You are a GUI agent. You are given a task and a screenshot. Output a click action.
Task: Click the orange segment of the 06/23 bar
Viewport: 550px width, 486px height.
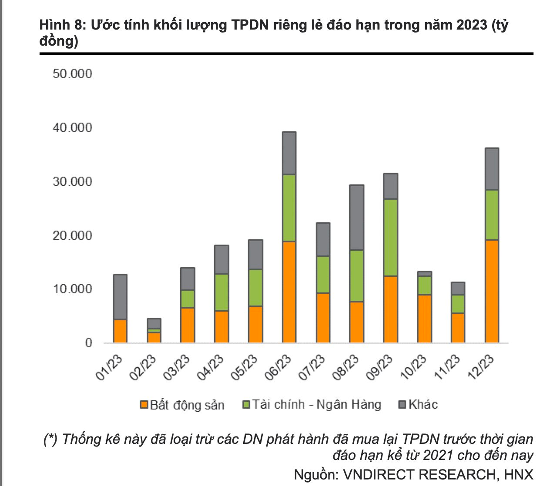click(x=289, y=292)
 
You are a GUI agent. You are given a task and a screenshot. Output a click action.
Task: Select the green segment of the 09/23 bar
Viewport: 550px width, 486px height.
click(x=390, y=237)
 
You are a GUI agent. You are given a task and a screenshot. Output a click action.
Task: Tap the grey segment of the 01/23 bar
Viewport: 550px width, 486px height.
click(x=120, y=297)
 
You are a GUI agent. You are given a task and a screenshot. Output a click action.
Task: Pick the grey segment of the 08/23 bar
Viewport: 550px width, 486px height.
click(x=356, y=217)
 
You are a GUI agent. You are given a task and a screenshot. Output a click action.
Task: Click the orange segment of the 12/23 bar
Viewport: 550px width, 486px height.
click(x=492, y=291)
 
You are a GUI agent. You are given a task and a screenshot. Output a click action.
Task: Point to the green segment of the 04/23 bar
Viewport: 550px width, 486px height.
click(x=221, y=292)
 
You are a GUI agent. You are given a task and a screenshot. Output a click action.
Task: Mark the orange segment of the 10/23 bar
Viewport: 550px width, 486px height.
click(x=424, y=319)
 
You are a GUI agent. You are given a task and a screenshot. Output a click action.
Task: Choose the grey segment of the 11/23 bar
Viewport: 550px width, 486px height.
click(x=458, y=288)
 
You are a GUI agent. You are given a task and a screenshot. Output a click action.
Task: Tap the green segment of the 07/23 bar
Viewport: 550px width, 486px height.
click(x=323, y=274)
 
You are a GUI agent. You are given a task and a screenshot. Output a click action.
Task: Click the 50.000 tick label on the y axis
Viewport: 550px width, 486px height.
click(x=73, y=73)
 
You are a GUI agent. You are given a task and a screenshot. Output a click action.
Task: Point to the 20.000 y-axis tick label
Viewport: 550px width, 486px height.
click(x=73, y=235)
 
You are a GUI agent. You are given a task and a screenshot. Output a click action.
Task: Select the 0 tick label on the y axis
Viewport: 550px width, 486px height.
click(x=89, y=343)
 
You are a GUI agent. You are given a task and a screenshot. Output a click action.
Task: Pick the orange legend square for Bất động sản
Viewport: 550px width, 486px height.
click(x=144, y=405)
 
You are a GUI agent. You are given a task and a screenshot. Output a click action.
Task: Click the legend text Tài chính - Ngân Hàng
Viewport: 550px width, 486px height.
click(x=316, y=405)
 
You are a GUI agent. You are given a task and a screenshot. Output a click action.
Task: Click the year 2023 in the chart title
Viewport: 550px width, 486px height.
click(x=472, y=25)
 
